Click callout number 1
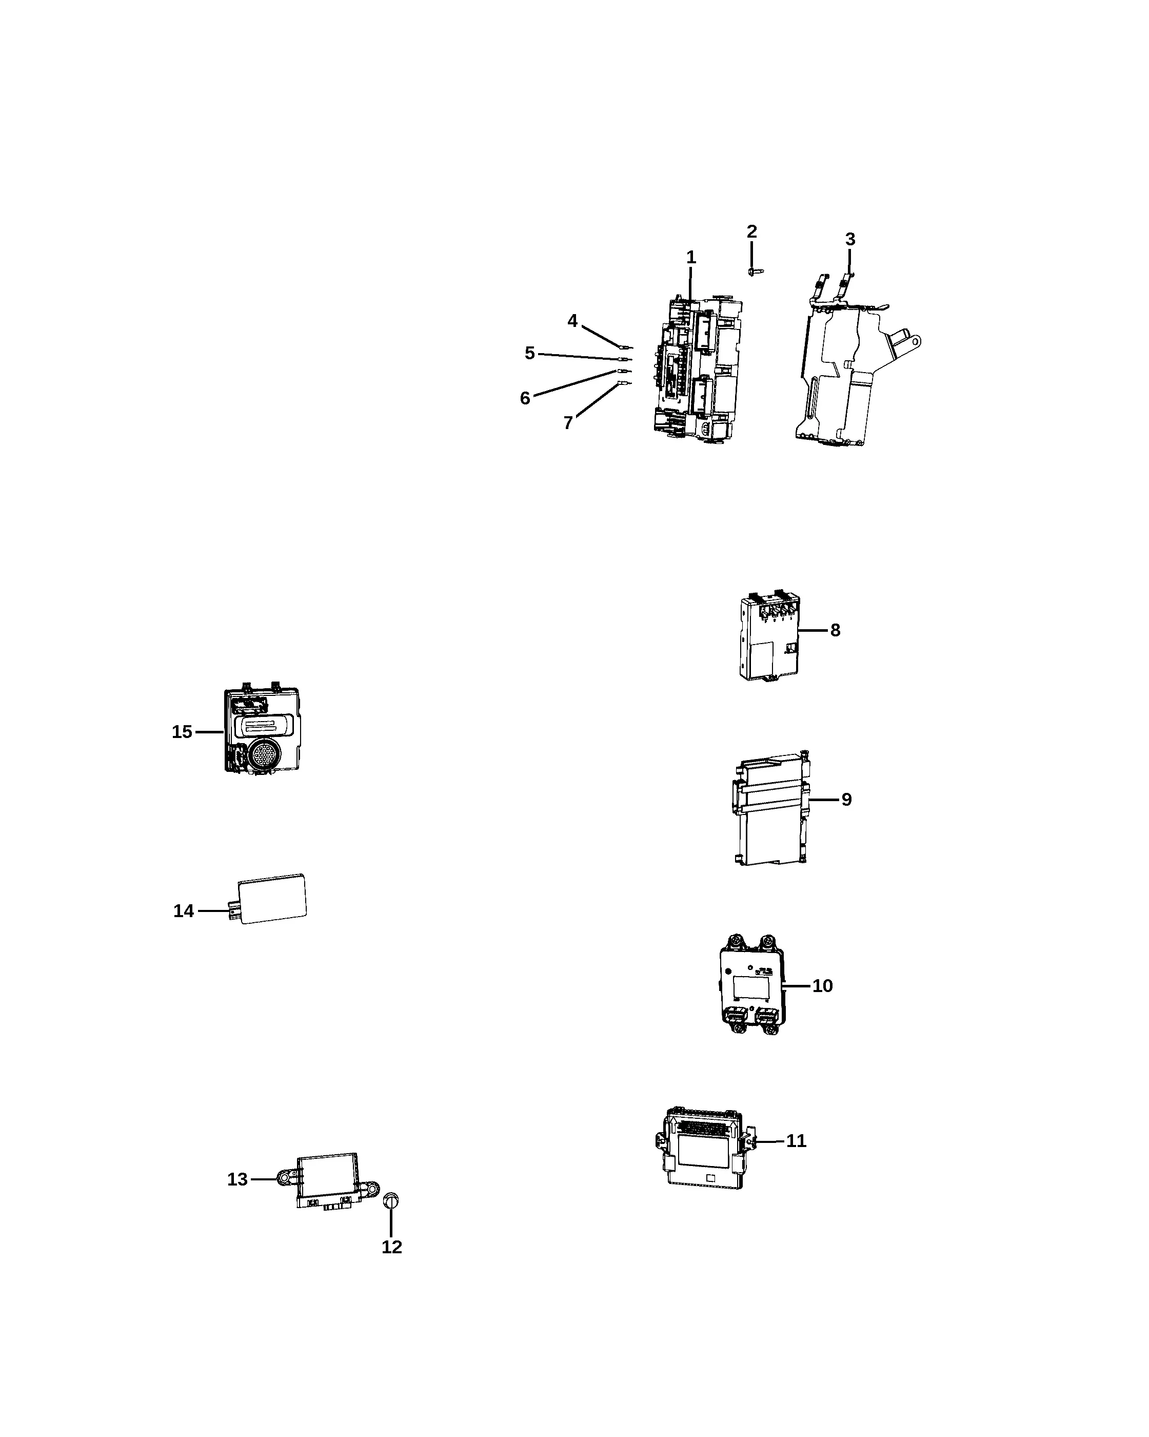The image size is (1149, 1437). pos(691,257)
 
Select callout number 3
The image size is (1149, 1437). pos(850,239)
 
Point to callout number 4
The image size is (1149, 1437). pos(572,321)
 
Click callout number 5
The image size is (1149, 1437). pos(529,353)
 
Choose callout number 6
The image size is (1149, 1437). pos(525,399)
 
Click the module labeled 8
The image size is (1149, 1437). pos(770,636)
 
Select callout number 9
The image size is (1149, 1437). pos(846,799)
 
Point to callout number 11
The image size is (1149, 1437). pos(796,1141)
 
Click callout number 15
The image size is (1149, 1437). pos(182,732)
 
